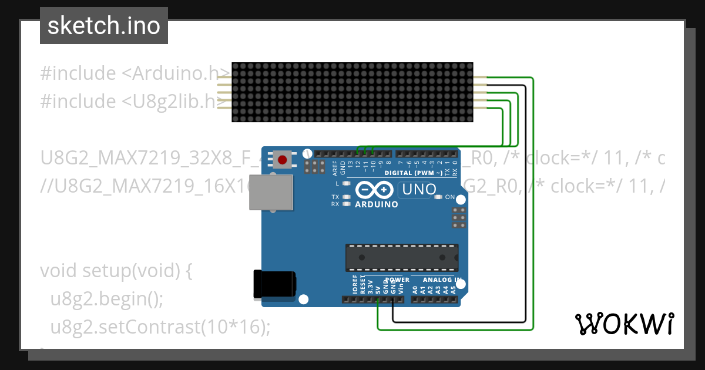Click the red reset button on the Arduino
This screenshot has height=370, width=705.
tap(283, 159)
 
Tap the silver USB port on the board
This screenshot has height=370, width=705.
tap(271, 191)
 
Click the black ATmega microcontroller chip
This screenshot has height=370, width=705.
tap(401, 257)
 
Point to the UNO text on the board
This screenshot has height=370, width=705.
tap(418, 189)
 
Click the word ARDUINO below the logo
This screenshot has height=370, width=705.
tap(377, 204)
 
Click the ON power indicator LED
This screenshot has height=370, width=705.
tap(438, 197)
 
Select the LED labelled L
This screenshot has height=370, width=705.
tap(347, 184)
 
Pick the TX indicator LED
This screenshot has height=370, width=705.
tap(347, 197)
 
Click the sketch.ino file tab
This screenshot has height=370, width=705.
tap(104, 26)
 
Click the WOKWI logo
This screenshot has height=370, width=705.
tap(624, 324)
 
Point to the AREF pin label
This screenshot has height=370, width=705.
tap(335, 168)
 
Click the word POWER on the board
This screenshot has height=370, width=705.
tap(398, 280)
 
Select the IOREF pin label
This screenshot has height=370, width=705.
tap(355, 285)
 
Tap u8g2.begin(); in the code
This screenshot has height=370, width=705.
tap(106, 299)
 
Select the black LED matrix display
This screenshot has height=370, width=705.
tap(352, 93)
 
